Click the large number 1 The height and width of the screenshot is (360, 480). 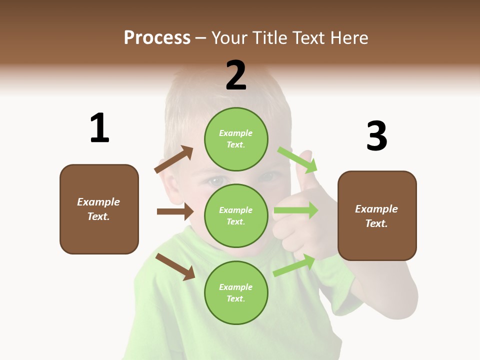pyautogui.click(x=99, y=128)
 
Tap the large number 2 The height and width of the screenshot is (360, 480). pyautogui.click(x=236, y=75)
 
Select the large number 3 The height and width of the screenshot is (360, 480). pyautogui.click(x=376, y=135)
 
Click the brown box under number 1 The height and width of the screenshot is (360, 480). pyautogui.click(x=99, y=209)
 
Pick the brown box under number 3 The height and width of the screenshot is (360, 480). pyautogui.click(x=377, y=215)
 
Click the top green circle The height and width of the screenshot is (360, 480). pyautogui.click(x=236, y=139)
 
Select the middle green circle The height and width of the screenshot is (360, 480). pyautogui.click(x=236, y=215)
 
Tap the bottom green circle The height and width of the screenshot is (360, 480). pyautogui.click(x=236, y=292)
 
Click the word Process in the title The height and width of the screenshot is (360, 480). pyautogui.click(x=157, y=37)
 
